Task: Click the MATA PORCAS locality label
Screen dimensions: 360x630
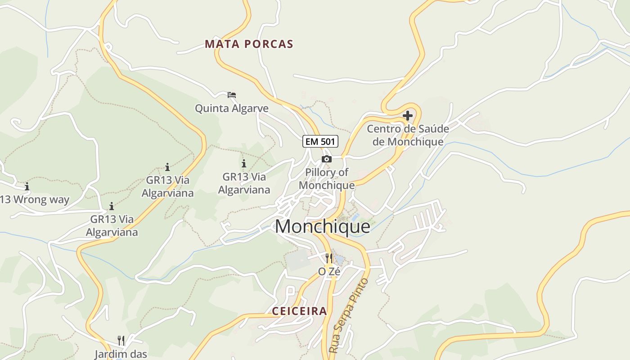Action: pos(249,44)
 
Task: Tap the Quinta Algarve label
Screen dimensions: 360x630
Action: pos(231,108)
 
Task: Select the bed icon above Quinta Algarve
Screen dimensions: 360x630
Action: pos(232,94)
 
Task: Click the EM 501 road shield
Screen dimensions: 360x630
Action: pos(320,141)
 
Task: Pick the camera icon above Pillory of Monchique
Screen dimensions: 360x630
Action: pos(327,159)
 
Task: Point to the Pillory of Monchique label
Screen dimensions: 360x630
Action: pos(327,179)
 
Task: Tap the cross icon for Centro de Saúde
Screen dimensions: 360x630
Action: pos(408,116)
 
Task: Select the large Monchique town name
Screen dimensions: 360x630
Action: pos(322,226)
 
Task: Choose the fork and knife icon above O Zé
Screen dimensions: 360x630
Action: pos(329,258)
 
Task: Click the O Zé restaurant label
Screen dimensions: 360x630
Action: pos(329,272)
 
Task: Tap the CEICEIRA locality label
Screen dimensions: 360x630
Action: pos(299,311)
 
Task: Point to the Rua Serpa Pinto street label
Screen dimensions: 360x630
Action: pos(349,315)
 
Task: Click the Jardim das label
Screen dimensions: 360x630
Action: pos(121,354)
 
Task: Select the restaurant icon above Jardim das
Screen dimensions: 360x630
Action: pos(121,340)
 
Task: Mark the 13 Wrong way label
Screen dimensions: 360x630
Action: pos(35,200)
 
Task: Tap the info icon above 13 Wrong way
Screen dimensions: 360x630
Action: pos(27,186)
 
